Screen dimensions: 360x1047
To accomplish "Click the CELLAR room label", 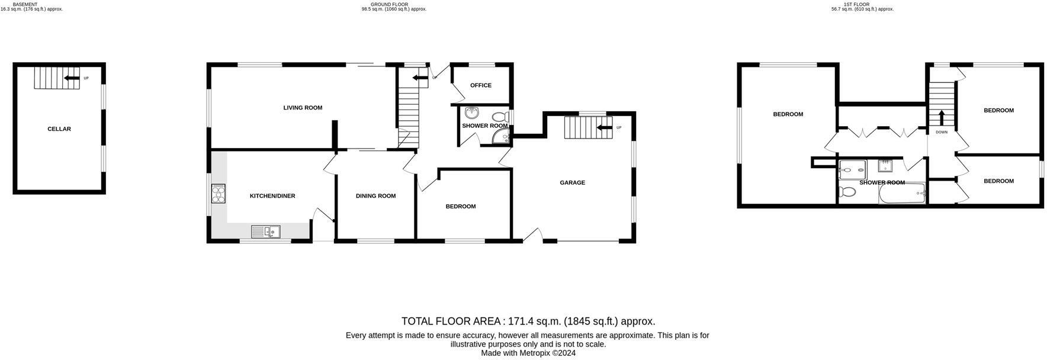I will pyautogui.click(x=59, y=129).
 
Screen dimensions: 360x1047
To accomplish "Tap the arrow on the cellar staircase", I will pyautogui.click(x=72, y=78).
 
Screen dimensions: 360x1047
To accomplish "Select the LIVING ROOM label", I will pyautogui.click(x=303, y=108).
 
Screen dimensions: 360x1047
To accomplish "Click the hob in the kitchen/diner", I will pyautogui.click(x=219, y=194).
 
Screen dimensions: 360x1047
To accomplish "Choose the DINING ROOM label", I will pyautogui.click(x=375, y=196).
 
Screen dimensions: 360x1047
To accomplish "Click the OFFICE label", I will pyautogui.click(x=481, y=85).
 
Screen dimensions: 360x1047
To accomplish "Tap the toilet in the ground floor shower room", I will pyautogui.click(x=499, y=117).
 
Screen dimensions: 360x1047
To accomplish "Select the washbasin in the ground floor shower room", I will pyautogui.click(x=472, y=112).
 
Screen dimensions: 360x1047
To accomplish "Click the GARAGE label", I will pyautogui.click(x=572, y=183).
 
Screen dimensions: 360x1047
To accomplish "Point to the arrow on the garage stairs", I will pyautogui.click(x=604, y=127).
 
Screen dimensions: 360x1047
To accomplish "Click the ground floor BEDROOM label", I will pyautogui.click(x=461, y=207).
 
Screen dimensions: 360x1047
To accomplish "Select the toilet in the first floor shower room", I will pyautogui.click(x=847, y=192).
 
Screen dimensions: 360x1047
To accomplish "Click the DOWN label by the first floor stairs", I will pyautogui.click(x=942, y=132).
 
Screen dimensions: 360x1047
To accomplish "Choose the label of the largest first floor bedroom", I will pyautogui.click(x=788, y=114).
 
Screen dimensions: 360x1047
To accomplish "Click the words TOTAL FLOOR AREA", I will pyautogui.click(x=451, y=322).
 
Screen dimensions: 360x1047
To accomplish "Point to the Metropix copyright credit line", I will pyautogui.click(x=528, y=353).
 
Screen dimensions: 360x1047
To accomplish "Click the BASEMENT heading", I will pyautogui.click(x=25, y=4).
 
